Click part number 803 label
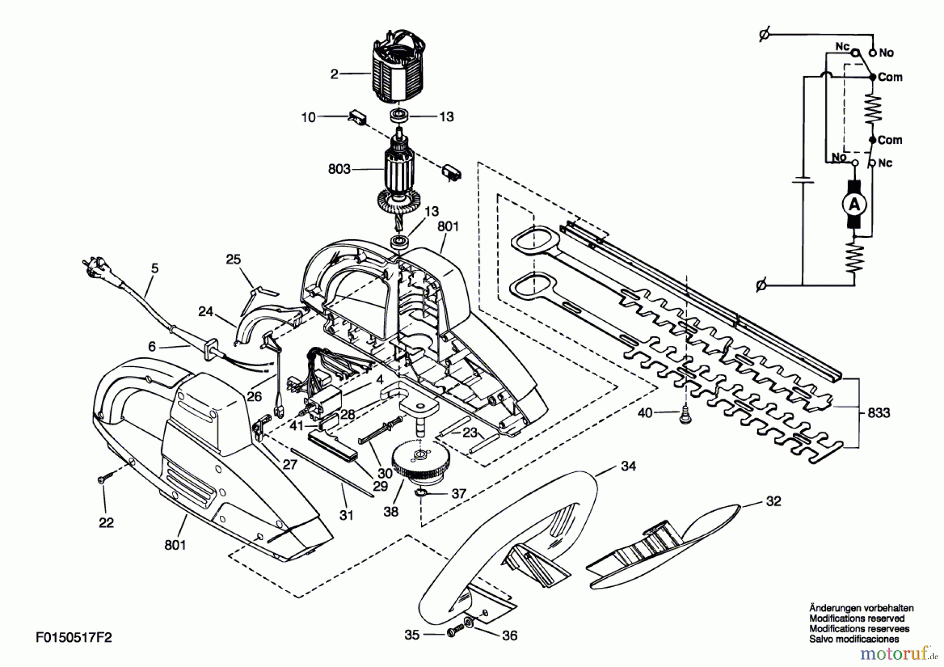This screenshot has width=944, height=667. (x=339, y=169)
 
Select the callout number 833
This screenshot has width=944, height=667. (x=878, y=413)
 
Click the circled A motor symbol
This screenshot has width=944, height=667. (x=854, y=204)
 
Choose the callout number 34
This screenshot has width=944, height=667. (x=628, y=465)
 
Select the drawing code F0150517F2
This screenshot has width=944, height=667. (x=74, y=637)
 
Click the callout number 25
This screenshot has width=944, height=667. (x=233, y=259)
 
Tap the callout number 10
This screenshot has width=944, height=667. (x=308, y=117)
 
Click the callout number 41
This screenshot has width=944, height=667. (x=297, y=426)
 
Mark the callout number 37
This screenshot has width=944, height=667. (x=459, y=493)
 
